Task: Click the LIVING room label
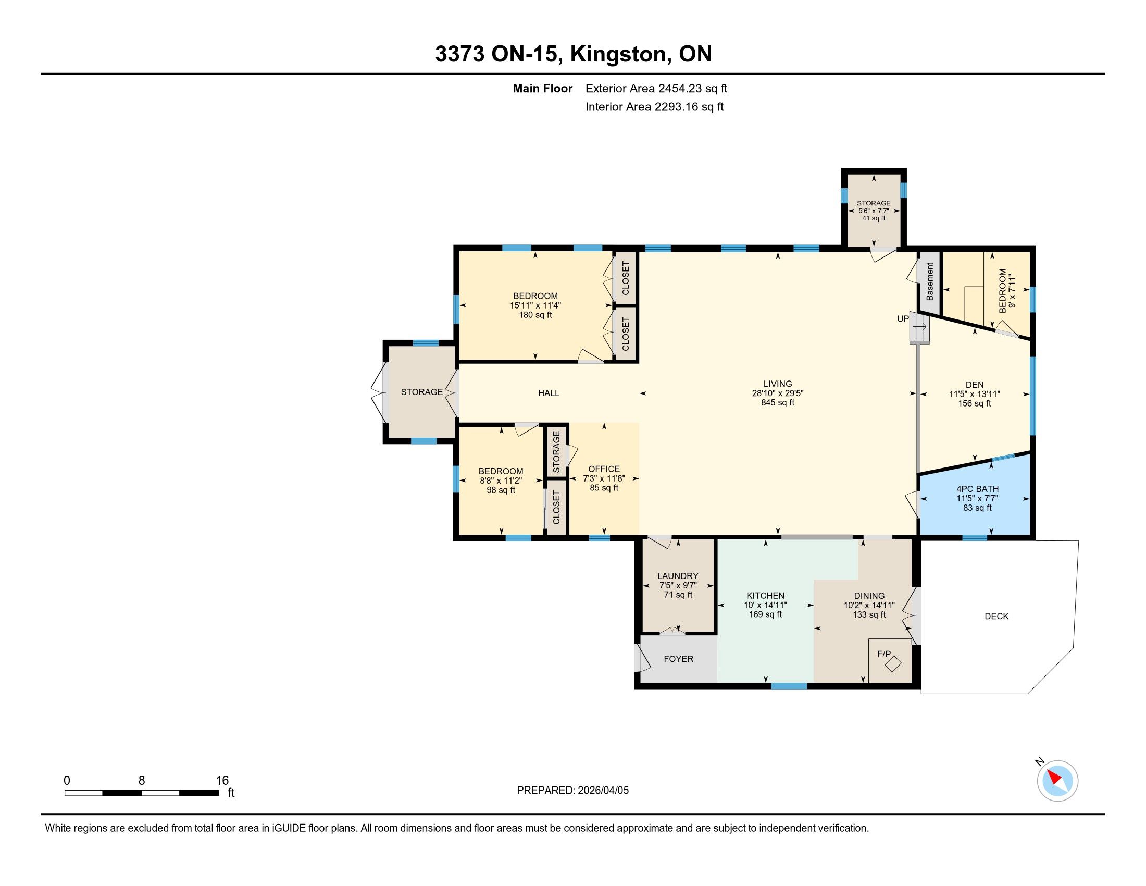[778, 384]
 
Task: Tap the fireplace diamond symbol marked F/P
[893, 664]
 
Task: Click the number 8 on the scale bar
[142, 781]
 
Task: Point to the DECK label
[996, 616]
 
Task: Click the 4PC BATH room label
[977, 489]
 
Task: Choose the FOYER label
[678, 659]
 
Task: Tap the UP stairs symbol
[919, 327]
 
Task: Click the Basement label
[930, 281]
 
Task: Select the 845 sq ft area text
[778, 402]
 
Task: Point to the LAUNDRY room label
[678, 576]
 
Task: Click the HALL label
[549, 392]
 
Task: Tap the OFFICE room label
[604, 469]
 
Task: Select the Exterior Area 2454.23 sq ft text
[656, 88]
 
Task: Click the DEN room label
[975, 384]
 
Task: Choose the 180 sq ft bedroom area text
[535, 315]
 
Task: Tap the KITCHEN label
[766, 595]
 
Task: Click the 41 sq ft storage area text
[874, 218]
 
